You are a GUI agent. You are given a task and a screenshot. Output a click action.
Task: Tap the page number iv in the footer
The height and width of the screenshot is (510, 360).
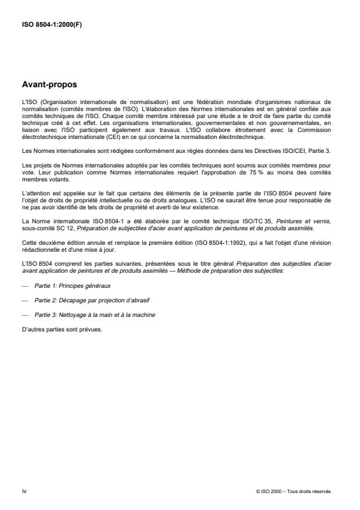24,491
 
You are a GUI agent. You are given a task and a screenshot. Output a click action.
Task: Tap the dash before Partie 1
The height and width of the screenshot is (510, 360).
24,286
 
